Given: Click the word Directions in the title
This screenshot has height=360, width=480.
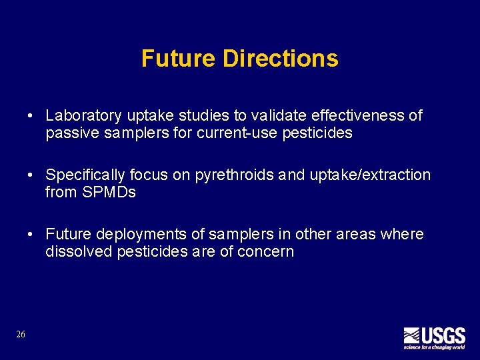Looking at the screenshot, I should pos(280,59).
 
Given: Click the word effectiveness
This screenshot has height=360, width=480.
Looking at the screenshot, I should pos(347,116).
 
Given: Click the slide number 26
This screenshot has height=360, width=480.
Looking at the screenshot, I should pos(21,334).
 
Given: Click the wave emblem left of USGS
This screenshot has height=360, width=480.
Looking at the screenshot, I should pos(411,335).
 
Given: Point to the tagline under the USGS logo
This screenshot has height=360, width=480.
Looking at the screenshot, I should pos(434,347).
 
